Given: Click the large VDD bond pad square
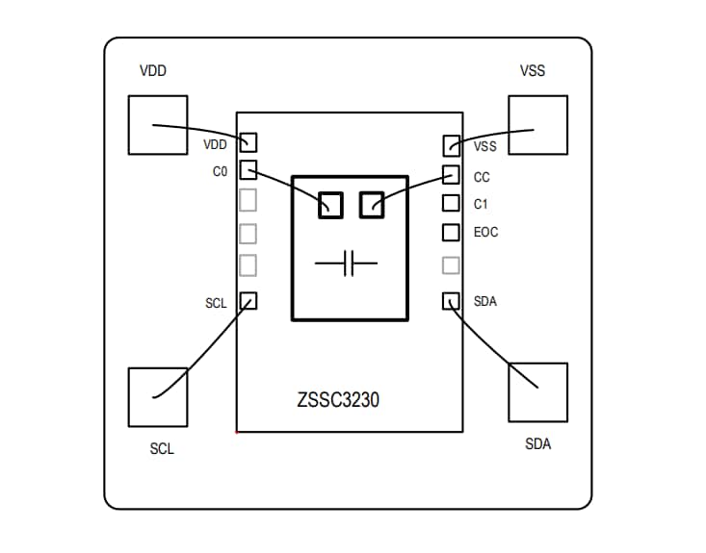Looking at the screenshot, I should tap(158, 124).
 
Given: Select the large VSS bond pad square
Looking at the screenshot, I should tap(537, 124).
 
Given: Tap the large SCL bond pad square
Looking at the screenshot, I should tap(158, 396).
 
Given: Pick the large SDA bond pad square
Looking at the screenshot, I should tap(537, 391).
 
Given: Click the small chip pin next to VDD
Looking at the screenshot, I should tap(248, 142).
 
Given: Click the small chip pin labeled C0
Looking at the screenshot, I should tap(248, 170).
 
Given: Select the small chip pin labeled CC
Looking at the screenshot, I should tap(452, 174).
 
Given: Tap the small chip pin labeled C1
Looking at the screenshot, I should tap(452, 203).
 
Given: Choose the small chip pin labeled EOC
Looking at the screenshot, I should tap(452, 232).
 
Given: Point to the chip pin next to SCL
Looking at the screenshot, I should tap(248, 300).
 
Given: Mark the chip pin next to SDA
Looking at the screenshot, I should tap(452, 300).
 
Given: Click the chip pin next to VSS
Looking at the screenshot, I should tap(452, 146).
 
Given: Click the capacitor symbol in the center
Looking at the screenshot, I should tap(350, 263).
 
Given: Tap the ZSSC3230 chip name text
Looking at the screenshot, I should tap(338, 400).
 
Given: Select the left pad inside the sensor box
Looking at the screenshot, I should tap(330, 204).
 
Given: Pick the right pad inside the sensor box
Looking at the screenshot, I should tap(372, 204).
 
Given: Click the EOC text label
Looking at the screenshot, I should tap(486, 233).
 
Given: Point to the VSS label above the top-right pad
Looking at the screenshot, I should tap(533, 70).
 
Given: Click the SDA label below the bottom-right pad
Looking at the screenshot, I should tap(537, 444).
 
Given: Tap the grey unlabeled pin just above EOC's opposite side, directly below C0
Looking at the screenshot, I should tap(248, 200).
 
